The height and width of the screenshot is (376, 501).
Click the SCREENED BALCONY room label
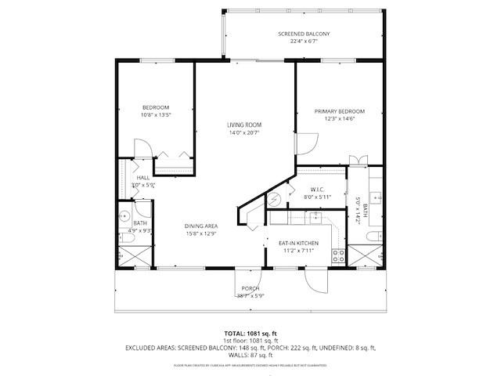click(x=304, y=34)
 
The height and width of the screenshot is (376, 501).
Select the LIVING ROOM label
click(x=244, y=125)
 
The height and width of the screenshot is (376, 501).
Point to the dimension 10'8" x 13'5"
click(x=156, y=115)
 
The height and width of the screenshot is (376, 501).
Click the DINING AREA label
click(x=200, y=226)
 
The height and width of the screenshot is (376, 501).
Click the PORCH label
click(x=250, y=288)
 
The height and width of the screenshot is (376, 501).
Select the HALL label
click(x=143, y=178)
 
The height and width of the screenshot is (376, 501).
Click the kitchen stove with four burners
click(x=339, y=254)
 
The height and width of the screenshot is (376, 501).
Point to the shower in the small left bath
click(x=128, y=255)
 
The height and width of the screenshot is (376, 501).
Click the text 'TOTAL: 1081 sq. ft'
click(x=250, y=332)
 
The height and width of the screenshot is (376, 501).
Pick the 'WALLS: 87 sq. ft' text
click(x=250, y=356)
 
